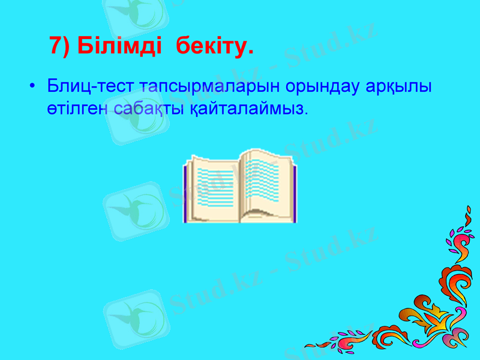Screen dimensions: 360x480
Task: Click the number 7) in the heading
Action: [61, 45]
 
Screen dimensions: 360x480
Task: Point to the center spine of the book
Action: [241, 192]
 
